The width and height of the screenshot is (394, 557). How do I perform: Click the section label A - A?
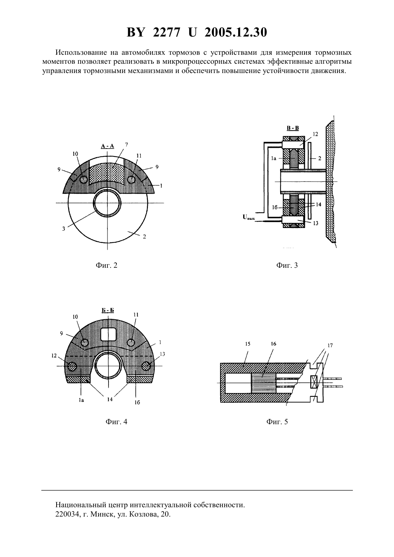click(107, 146)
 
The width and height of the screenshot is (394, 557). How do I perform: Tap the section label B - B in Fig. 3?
click(293, 128)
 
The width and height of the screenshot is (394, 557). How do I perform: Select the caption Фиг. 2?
click(106, 265)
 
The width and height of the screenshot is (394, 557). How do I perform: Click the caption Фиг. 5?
click(277, 422)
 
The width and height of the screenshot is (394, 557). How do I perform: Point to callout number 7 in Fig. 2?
click(126, 145)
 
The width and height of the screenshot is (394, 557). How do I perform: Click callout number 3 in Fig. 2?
click(64, 229)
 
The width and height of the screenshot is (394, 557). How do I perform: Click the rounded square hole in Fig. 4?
click(109, 334)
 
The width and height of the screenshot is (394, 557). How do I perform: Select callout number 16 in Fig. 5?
click(273, 344)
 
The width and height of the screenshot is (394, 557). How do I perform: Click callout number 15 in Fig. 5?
click(248, 344)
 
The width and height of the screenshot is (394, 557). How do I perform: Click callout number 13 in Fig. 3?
click(316, 223)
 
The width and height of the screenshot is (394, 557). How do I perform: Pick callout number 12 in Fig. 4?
click(54, 356)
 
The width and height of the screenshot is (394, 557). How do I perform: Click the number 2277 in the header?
click(166, 32)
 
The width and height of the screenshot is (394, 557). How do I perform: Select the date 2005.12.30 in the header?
click(236, 32)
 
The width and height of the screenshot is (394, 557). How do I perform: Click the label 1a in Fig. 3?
click(274, 158)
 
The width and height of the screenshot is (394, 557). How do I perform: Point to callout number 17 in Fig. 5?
click(330, 345)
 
